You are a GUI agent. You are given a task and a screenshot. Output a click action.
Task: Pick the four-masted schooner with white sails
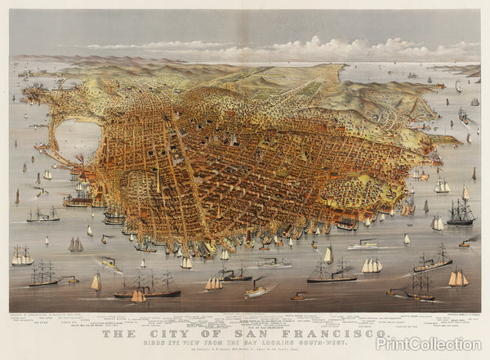coord(372,266)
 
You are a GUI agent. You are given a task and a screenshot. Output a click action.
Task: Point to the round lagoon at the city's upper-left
coord(78,139)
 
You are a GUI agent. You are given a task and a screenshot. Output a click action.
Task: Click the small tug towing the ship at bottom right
coord(397,292)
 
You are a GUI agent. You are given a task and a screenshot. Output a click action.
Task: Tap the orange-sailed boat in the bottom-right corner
coord(458,279)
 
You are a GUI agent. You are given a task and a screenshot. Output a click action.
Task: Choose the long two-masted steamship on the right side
coord(432,263)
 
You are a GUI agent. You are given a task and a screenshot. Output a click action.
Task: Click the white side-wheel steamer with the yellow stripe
coord(363,243)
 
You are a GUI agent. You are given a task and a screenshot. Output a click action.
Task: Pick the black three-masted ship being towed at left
coord(42,274)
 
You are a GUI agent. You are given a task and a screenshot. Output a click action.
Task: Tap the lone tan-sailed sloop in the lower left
coord(96,282)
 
